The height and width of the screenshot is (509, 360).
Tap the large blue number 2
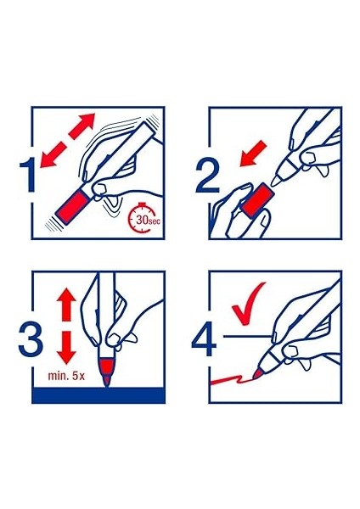click(207, 176)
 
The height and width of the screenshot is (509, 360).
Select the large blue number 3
click(31, 338)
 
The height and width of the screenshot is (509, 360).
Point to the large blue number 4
click(204, 338)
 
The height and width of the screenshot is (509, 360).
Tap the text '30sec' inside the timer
click(148, 220)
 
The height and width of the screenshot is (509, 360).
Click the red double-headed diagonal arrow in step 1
click(68, 140)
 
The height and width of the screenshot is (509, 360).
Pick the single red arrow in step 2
click(253, 154)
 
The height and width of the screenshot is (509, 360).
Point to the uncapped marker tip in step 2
click(276, 181)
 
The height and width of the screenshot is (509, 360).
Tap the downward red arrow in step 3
click(66, 347)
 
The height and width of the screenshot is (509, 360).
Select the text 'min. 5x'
click(66, 376)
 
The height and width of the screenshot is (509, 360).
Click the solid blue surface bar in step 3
click(98, 394)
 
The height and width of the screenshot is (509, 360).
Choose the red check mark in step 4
click(248, 303)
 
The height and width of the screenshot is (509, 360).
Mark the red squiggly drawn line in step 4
click(231, 379)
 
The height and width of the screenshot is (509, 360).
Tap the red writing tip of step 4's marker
click(258, 374)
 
